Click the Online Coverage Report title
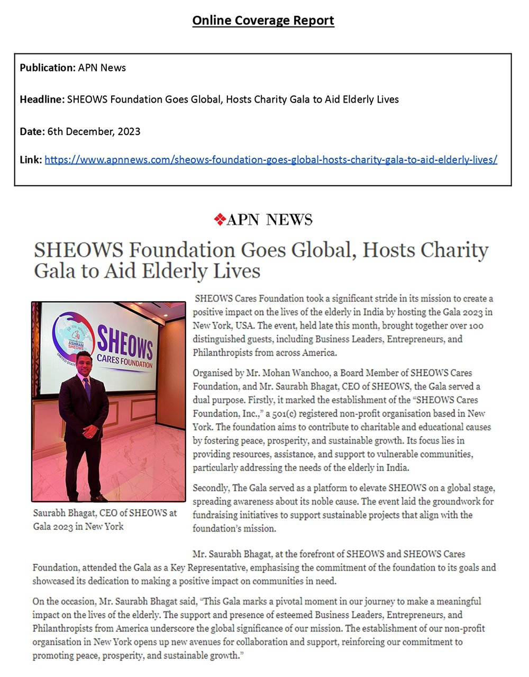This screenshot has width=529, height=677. [263, 21]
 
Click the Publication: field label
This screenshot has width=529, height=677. [48, 68]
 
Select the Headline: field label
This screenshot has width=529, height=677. [42, 100]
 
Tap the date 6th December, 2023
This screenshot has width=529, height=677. [94, 131]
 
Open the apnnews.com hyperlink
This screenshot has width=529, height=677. [271, 159]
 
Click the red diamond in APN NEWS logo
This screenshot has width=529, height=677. [220, 219]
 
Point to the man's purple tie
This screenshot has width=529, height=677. [87, 389]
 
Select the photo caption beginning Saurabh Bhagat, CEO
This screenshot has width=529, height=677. [104, 519]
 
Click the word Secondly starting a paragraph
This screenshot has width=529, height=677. [211, 488]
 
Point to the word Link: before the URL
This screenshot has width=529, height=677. [31, 159]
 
